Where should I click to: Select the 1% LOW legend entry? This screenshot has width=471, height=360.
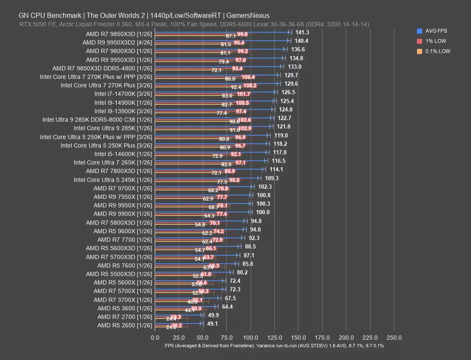436,41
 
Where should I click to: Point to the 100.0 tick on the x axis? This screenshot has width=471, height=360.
251,338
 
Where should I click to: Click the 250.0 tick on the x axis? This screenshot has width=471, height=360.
394,338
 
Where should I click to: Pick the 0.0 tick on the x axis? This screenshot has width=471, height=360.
155,338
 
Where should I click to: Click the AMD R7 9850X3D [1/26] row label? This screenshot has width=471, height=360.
119,34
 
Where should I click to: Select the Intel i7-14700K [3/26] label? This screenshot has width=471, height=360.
123,94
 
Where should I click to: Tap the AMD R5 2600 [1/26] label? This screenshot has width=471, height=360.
124,325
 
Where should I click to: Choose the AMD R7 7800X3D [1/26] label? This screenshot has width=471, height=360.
119,171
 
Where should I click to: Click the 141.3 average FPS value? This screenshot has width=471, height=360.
302,32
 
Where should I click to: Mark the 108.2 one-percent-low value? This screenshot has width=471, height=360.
250,86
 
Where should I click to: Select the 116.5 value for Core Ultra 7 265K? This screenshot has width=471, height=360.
279,161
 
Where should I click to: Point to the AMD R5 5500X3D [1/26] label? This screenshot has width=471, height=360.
119,274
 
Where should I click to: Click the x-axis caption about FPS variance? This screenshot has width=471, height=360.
274,346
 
